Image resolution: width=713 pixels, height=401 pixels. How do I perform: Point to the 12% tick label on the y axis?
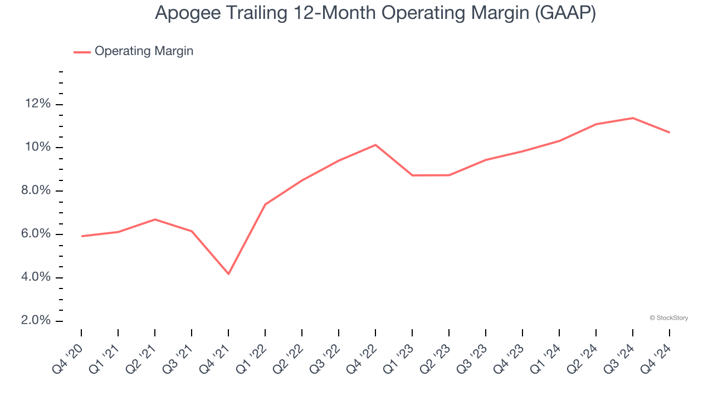click(x=37, y=104)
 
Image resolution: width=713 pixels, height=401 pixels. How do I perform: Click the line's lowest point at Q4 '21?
click(x=228, y=273)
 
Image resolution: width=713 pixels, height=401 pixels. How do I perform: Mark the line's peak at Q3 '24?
click(x=633, y=118)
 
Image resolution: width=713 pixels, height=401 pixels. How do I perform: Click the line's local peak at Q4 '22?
click(x=375, y=145)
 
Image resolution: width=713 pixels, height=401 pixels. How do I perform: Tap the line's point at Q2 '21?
click(x=155, y=219)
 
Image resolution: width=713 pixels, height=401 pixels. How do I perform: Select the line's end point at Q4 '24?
click(x=669, y=133)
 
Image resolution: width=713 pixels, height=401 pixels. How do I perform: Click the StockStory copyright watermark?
click(x=669, y=318)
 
